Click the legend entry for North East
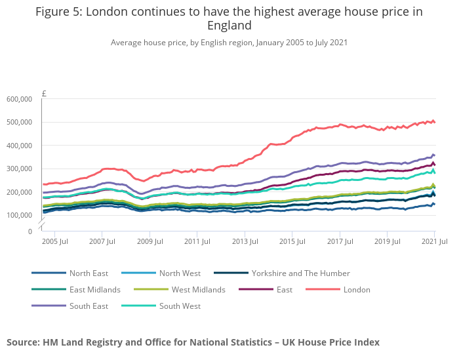pos(89,273)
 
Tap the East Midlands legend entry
pos(95,289)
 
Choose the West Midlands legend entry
pos(198,289)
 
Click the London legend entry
pos(357,289)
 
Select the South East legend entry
pos(89,306)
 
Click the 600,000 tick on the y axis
pos(19,99)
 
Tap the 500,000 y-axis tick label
pos(19,123)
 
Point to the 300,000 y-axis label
pos(19,169)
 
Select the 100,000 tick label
pos(19,215)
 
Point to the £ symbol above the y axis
pos(44,93)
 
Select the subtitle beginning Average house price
pos(229,43)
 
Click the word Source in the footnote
pos(23,342)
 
